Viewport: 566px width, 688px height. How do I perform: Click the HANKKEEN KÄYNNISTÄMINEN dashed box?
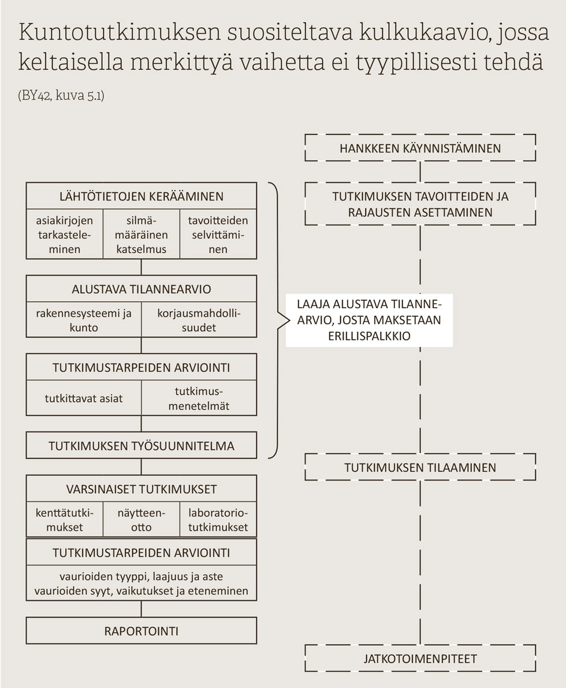click(x=420, y=148)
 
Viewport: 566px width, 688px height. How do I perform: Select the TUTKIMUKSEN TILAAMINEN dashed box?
click(x=420, y=467)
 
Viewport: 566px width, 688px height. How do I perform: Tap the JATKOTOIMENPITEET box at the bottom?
click(x=420, y=659)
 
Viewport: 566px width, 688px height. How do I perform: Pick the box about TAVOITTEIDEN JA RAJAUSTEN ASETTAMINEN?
click(x=420, y=204)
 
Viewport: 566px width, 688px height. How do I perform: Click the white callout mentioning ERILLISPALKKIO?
click(x=369, y=320)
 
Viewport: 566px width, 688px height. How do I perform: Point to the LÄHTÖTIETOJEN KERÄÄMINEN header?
click(x=141, y=196)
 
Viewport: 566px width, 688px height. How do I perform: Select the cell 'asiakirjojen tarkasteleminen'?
click(x=65, y=234)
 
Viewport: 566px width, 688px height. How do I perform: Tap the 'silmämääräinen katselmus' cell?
click(x=141, y=234)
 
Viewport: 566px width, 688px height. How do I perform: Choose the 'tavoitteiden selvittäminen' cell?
click(x=218, y=234)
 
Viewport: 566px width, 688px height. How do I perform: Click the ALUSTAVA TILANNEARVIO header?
click(x=141, y=289)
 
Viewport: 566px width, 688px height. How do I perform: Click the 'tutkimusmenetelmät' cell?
click(x=199, y=398)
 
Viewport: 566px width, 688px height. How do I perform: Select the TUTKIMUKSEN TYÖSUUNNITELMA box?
click(x=141, y=446)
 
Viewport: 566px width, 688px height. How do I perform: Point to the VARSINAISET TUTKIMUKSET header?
click(x=141, y=489)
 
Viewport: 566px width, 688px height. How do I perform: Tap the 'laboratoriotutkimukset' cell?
click(x=218, y=520)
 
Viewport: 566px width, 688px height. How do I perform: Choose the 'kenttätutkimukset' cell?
click(x=65, y=520)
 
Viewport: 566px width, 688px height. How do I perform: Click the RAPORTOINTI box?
click(x=141, y=631)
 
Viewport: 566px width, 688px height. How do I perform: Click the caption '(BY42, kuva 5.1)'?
click(x=61, y=95)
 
